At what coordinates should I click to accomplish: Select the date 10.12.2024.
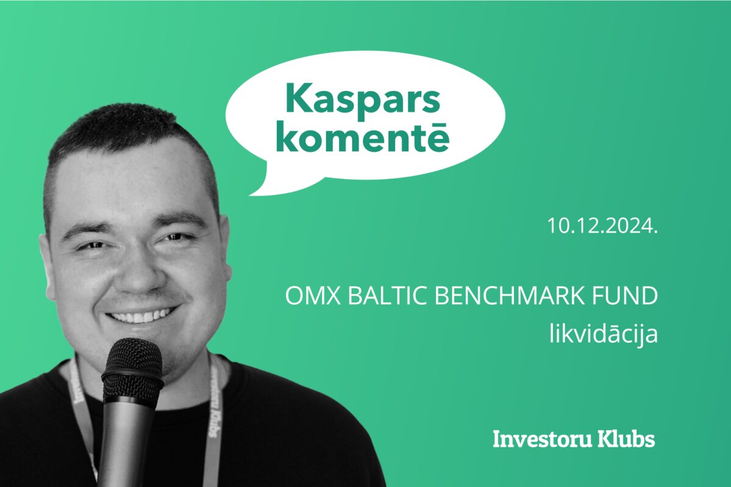(602, 226)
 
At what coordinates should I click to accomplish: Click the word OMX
(314, 296)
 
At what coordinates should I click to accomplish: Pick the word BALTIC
(388, 296)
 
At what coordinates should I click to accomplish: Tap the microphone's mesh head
(132, 368)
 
